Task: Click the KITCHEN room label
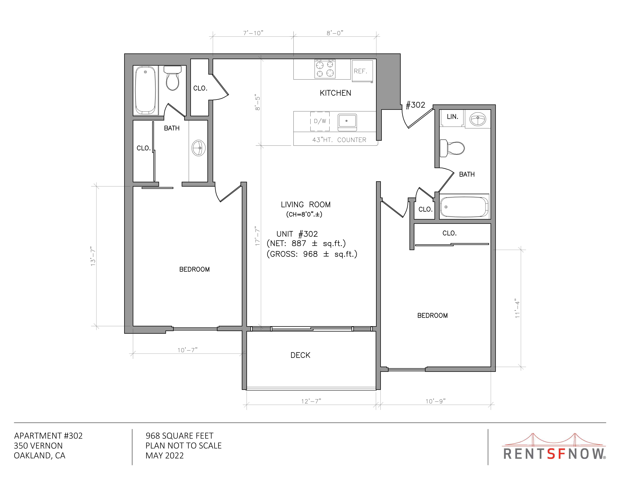click(335, 93)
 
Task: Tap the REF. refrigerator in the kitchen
click(362, 71)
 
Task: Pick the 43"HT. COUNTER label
click(339, 140)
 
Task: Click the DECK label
click(300, 355)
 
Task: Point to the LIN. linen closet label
click(453, 117)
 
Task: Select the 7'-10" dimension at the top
click(253, 33)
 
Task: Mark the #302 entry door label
click(415, 105)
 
